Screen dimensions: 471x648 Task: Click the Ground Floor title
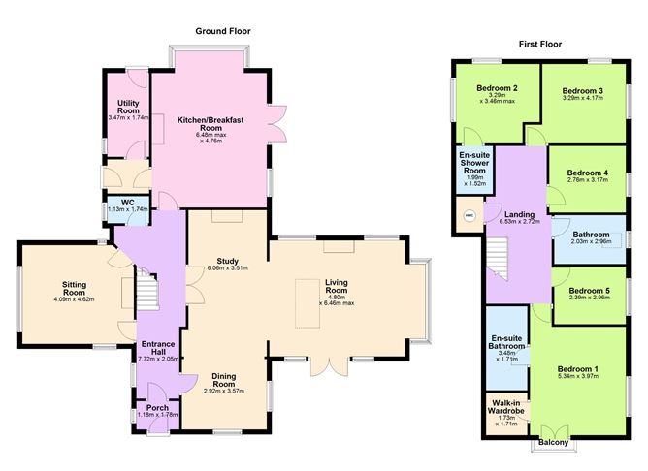click(x=223, y=31)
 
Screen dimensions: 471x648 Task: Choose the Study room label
click(x=228, y=261)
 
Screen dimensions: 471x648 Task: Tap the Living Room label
click(x=336, y=286)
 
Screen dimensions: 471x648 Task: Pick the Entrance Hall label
click(x=157, y=348)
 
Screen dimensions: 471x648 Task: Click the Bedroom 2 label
click(x=495, y=88)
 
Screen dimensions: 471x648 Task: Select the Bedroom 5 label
click(x=589, y=291)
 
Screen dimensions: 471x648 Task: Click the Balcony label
click(x=555, y=447)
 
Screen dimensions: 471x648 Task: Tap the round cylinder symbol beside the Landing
click(x=470, y=216)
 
